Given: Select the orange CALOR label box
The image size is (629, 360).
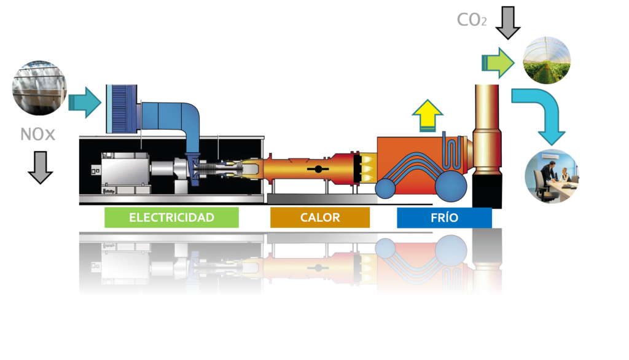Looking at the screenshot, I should (320, 217).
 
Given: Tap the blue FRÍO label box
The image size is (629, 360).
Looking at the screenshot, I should (444, 217).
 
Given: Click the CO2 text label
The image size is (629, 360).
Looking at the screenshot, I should (472, 20).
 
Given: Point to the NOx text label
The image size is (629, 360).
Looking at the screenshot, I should (38, 134).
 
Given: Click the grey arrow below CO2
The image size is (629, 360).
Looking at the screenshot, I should (508, 23).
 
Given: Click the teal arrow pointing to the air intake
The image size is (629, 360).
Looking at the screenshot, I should (86, 101).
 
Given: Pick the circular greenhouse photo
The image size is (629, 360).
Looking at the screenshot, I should (546, 60).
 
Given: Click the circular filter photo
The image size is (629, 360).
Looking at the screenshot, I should (39, 88).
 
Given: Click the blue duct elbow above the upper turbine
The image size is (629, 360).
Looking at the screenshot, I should (187, 120).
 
